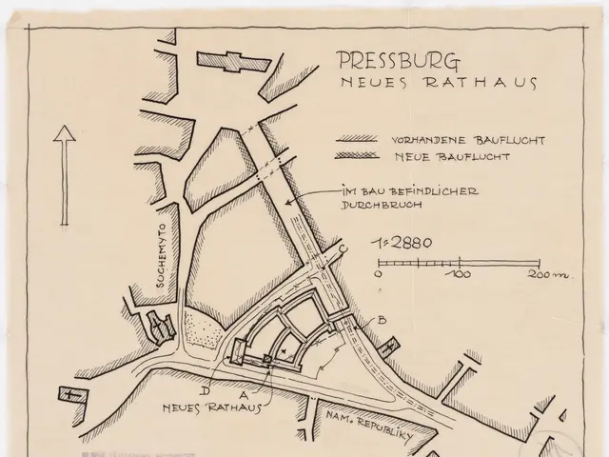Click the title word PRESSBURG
coord(400,62)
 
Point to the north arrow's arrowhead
coord(64,136)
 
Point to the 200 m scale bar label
coord(546,275)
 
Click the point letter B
coord(381,320)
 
